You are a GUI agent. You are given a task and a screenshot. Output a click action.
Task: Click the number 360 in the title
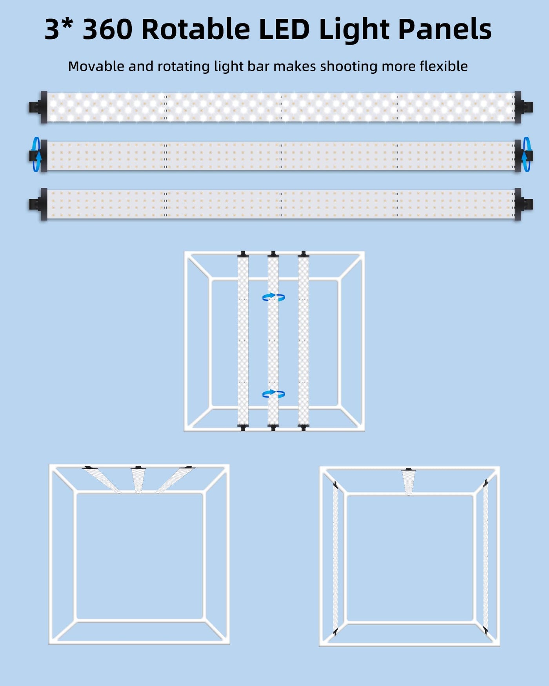(x=107, y=29)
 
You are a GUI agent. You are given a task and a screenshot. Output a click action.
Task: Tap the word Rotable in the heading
(x=196, y=29)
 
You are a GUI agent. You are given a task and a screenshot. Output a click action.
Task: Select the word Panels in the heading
(x=445, y=29)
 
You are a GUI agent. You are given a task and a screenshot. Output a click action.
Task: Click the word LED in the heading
(x=284, y=29)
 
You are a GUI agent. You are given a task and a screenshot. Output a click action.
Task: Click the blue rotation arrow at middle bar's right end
(x=527, y=154)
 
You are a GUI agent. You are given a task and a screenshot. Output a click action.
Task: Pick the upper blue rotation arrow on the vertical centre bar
(x=273, y=297)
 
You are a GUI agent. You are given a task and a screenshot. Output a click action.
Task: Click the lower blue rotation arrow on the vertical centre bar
(x=273, y=394)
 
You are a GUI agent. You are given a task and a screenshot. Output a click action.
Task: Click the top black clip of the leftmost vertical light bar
(x=243, y=254)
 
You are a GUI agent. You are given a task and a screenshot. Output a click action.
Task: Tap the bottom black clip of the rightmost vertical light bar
(x=304, y=427)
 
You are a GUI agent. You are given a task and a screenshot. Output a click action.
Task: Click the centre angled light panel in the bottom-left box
(x=138, y=479)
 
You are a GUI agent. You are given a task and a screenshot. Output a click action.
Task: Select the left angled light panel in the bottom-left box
(x=101, y=479)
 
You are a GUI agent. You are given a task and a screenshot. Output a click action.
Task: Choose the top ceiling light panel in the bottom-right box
(x=409, y=481)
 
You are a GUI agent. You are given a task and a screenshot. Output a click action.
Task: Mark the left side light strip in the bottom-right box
(x=335, y=559)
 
